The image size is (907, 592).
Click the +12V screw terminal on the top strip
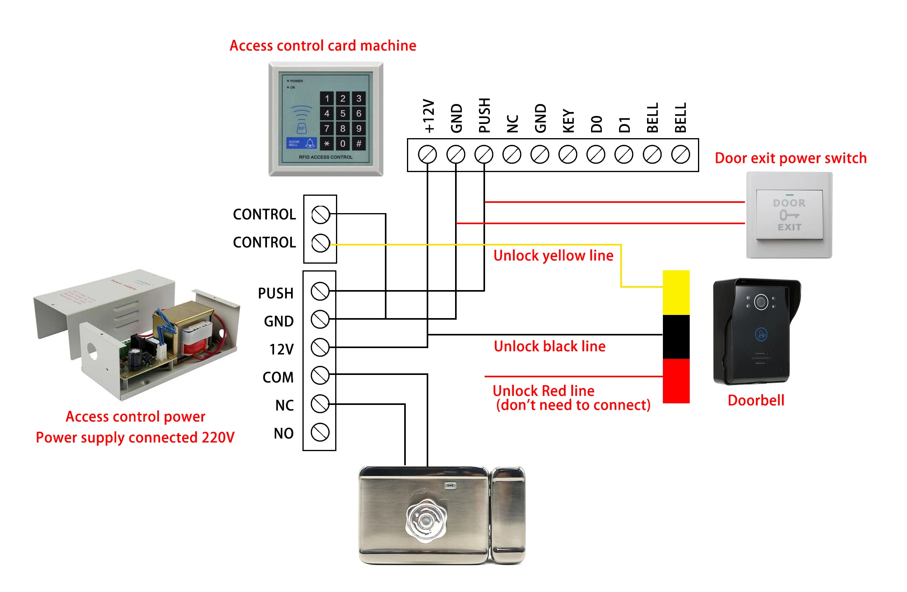pos(427,154)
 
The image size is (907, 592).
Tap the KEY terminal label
pos(568,121)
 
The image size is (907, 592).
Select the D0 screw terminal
pos(596,154)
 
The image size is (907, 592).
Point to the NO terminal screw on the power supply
pos(320,432)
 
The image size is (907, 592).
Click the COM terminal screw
pos(320,375)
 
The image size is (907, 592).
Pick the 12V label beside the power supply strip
pos(281,349)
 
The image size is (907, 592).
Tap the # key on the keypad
pos(358,144)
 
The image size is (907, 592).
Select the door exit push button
pos(789,215)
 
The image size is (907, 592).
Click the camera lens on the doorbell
pos(761,302)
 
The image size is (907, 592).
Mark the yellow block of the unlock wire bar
pos(676,292)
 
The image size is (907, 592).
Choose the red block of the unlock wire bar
pos(676,381)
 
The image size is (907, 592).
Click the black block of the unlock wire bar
pos(676,337)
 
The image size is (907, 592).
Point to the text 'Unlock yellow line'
pos(553,256)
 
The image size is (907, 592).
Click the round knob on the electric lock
pos(426,520)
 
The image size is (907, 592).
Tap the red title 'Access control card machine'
pos(323,46)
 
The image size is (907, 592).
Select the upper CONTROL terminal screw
pos(320,215)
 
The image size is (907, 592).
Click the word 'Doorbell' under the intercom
pos(756,400)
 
